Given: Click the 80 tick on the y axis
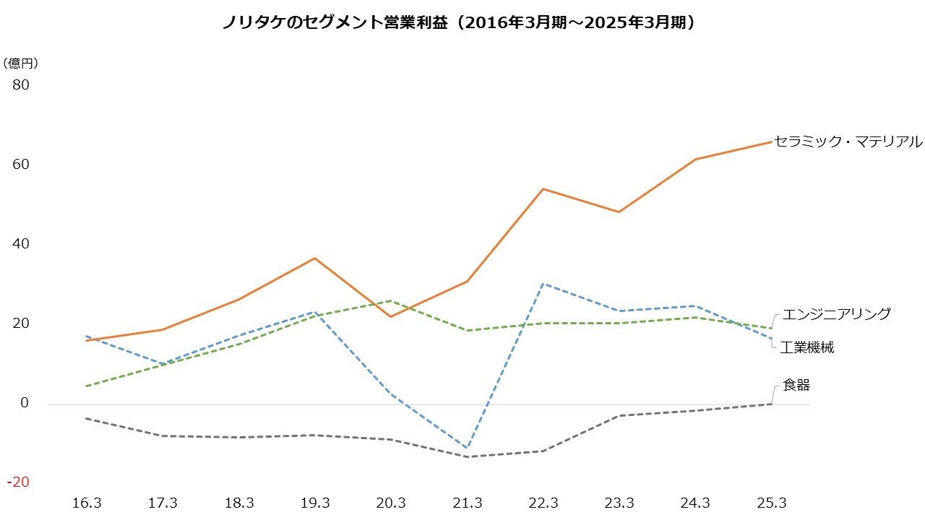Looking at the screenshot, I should point(20,85).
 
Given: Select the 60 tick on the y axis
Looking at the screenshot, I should point(20,165).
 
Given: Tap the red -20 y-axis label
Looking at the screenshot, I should point(18,482).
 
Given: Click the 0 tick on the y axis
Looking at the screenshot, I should point(24,403).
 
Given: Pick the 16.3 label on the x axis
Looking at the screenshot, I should point(86,503).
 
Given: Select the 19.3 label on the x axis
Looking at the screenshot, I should point(315,503).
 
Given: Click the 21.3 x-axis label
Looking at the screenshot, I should point(468,503).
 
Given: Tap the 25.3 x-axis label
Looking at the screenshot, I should point(772,503).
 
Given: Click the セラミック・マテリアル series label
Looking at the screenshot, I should point(848,142).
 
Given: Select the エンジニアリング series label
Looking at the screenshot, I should point(837,314).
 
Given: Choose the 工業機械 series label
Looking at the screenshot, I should point(807,348).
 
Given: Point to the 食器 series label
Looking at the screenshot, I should point(796,386).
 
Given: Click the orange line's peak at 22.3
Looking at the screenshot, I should point(543,189).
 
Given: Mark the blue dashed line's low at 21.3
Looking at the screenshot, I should point(468,448).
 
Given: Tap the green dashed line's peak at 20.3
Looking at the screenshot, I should point(391,300).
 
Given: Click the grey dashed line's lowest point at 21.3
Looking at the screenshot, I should point(468,456).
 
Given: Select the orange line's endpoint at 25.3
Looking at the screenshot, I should point(772,142).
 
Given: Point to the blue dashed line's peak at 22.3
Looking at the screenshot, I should point(543,284).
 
